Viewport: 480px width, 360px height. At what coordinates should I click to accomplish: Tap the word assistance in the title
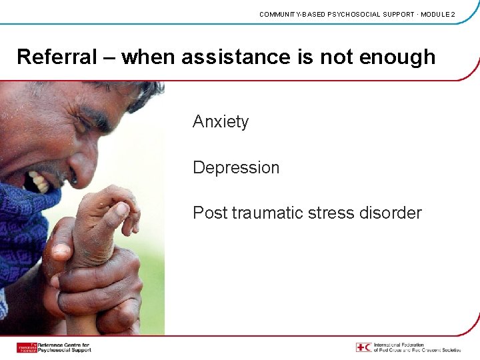click(227, 57)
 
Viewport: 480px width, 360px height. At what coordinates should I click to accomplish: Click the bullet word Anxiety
click(221, 122)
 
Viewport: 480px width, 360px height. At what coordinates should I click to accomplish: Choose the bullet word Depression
click(236, 167)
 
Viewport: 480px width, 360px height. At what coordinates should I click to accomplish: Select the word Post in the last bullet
click(209, 213)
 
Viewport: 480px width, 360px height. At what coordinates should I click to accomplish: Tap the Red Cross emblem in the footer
click(363, 347)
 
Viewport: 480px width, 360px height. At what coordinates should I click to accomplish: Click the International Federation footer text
click(417, 347)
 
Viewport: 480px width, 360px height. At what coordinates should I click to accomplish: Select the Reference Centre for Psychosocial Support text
click(64, 347)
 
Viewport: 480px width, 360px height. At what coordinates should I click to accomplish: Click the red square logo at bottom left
click(27, 347)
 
